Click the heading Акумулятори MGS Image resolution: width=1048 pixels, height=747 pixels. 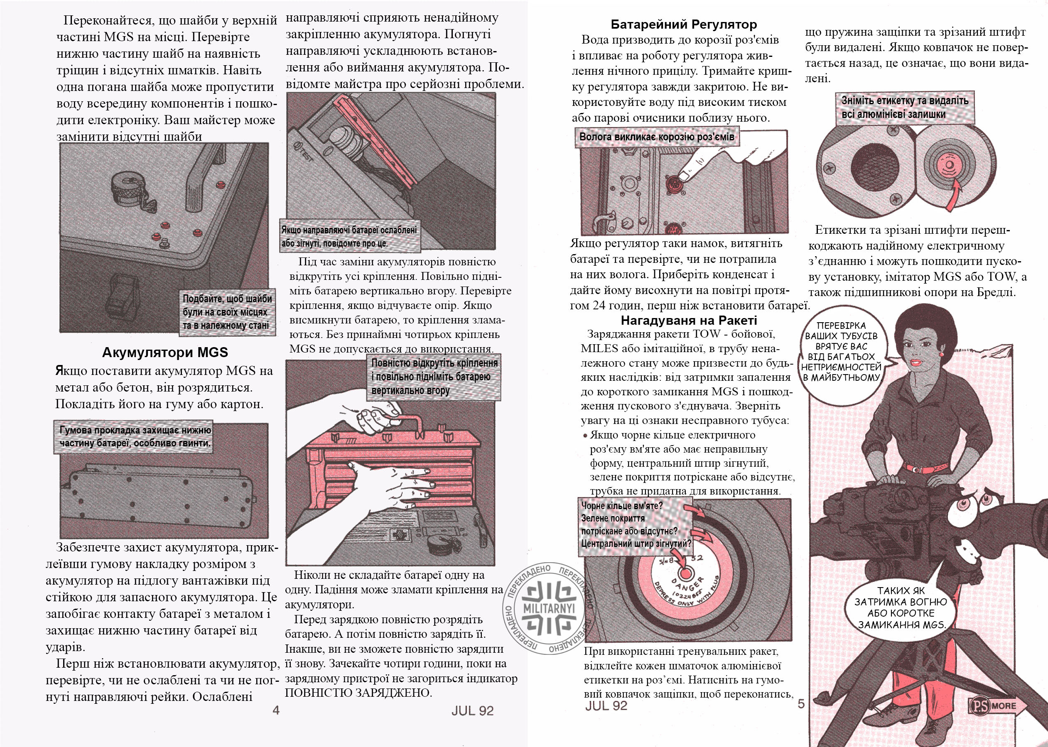[165, 353]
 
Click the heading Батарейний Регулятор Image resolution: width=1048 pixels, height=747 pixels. [684, 24]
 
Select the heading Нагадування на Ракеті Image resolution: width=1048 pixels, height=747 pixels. [689, 320]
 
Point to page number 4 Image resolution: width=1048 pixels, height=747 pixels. [276, 710]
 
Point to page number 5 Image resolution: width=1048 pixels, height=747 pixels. [801, 704]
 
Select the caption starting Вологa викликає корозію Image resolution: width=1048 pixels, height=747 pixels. [656, 137]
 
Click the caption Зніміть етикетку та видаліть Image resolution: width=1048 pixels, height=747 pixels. [904, 108]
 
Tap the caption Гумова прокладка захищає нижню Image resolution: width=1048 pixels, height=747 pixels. [135, 436]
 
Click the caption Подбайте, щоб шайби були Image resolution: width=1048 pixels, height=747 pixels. [227, 312]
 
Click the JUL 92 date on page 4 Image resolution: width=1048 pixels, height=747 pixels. [472, 710]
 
